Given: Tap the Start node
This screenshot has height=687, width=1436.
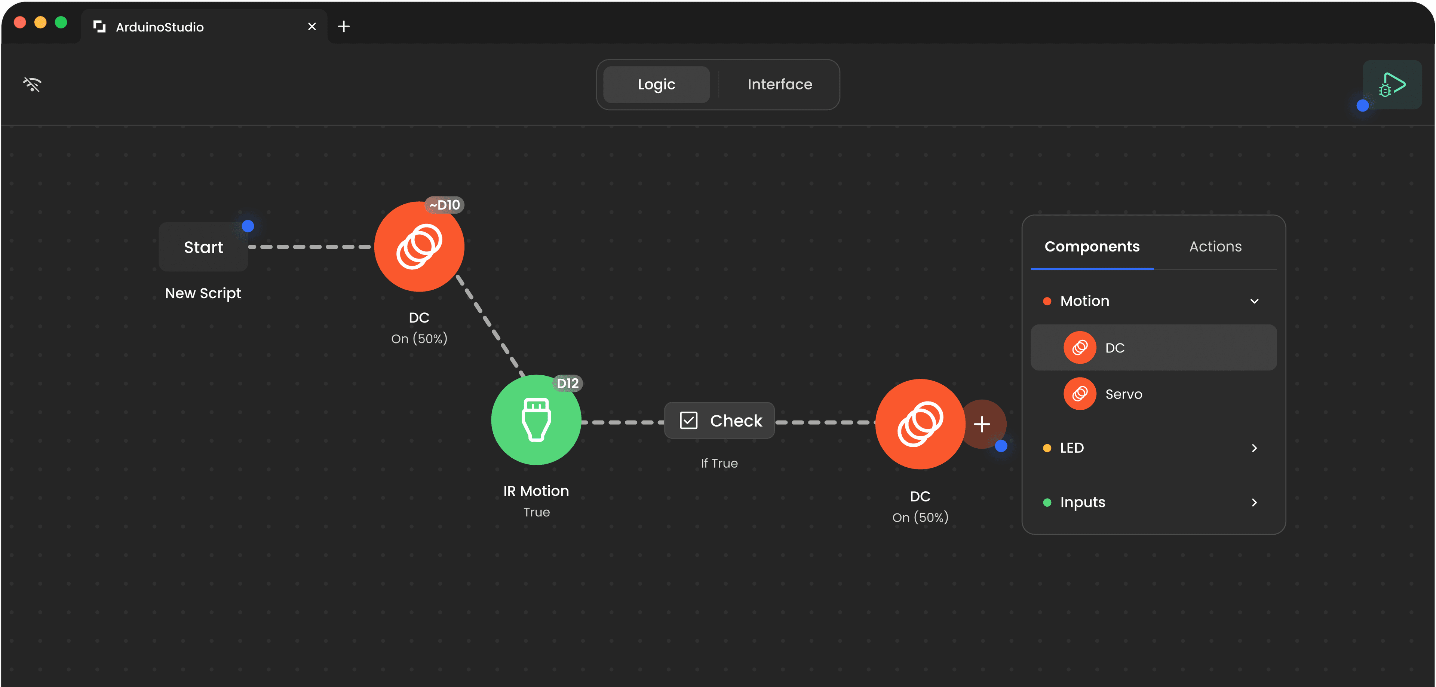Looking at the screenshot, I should pyautogui.click(x=203, y=247).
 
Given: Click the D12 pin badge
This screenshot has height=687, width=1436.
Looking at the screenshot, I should pyautogui.click(x=568, y=384).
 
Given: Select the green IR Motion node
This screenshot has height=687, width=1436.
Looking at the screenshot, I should pyautogui.click(x=536, y=420).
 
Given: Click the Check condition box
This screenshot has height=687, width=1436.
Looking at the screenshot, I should pyautogui.click(x=719, y=421).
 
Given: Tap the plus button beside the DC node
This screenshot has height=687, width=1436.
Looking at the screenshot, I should pyautogui.click(x=982, y=424).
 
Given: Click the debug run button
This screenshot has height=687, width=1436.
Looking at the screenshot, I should pyautogui.click(x=1392, y=85).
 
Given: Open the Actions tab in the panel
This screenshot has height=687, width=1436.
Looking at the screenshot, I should pyautogui.click(x=1215, y=247).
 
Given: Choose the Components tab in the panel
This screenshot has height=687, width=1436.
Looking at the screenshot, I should pyautogui.click(x=1092, y=247).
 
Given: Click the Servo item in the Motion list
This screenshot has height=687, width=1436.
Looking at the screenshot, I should pyautogui.click(x=1123, y=394).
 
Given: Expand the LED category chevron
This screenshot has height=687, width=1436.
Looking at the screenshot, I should pyautogui.click(x=1254, y=448).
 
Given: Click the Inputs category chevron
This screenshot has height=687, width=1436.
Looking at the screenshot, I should pyautogui.click(x=1254, y=503).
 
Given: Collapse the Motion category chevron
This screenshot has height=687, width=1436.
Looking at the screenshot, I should pyautogui.click(x=1254, y=301).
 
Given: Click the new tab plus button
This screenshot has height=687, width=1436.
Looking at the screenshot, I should pyautogui.click(x=344, y=27).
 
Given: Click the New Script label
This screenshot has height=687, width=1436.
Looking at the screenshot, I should pyautogui.click(x=203, y=293).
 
